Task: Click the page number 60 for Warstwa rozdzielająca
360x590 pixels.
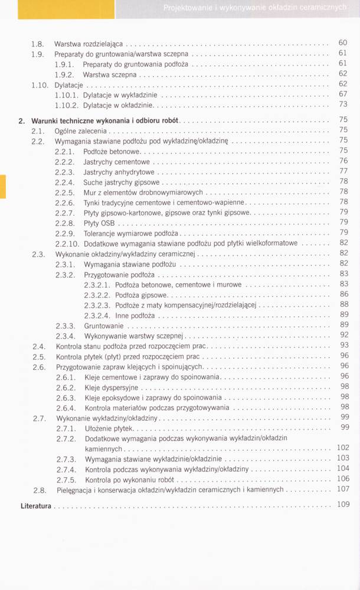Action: pos(343,43)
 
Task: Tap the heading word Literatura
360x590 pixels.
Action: pos(36,506)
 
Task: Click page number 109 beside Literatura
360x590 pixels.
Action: pos(343,505)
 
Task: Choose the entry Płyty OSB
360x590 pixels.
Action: pos(99,223)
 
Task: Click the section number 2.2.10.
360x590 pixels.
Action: pos(67,244)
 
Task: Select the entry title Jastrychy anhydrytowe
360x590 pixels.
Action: pos(120,172)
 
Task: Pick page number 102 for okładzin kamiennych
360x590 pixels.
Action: pos(343,448)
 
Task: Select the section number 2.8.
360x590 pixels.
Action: pos(40,490)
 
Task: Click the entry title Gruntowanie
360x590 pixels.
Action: pos(104,326)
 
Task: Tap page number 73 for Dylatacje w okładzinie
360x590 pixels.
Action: pos(343,104)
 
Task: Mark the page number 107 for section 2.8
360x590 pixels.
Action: pos(343,489)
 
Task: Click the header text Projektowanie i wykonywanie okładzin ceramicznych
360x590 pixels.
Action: pos(254,8)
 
